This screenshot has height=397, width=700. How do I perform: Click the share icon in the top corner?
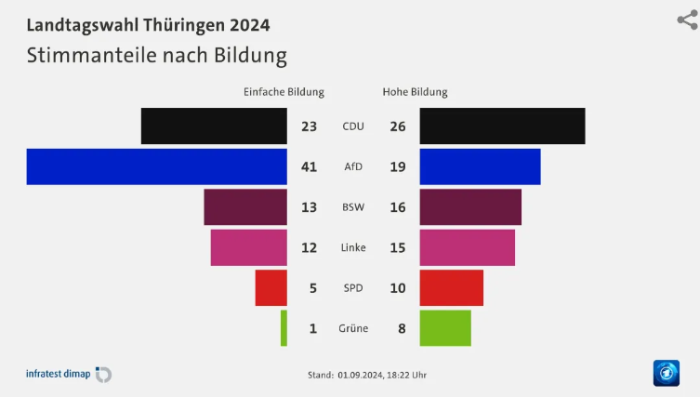(687, 20)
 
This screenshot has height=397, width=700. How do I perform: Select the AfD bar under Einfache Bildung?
(156, 166)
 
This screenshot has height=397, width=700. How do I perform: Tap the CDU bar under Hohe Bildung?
(502, 126)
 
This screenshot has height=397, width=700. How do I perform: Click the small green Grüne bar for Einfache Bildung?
(284, 328)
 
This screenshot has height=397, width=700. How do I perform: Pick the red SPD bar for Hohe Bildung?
(451, 287)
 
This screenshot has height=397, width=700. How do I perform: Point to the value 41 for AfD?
(310, 167)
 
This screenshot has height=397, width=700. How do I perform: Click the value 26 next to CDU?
(398, 126)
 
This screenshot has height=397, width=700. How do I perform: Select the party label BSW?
(353, 207)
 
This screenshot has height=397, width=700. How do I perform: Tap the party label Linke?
(353, 247)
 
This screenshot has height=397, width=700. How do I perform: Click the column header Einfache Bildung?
(284, 92)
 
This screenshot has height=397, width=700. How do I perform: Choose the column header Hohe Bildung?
(415, 92)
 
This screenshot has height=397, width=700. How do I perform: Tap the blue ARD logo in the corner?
(666, 373)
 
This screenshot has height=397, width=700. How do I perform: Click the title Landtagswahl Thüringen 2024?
(148, 24)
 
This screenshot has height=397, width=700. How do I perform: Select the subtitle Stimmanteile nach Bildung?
(156, 55)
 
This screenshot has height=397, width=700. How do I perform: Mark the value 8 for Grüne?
(398, 328)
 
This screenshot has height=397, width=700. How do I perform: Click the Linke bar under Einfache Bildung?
(248, 247)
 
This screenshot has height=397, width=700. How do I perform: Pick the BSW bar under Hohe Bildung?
(470, 207)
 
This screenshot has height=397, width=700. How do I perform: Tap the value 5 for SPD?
(313, 288)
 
